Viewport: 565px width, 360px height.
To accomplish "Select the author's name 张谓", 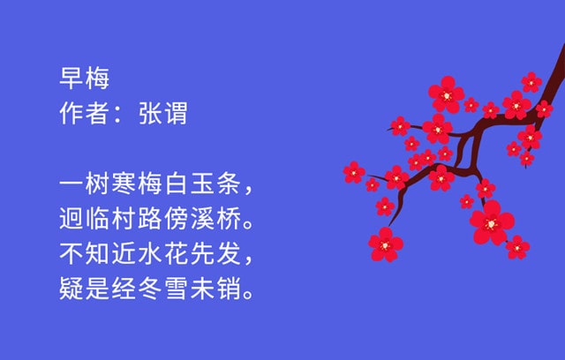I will pyautogui.click(x=163, y=114).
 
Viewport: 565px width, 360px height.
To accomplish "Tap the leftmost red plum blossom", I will pyautogui.click(x=354, y=171).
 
